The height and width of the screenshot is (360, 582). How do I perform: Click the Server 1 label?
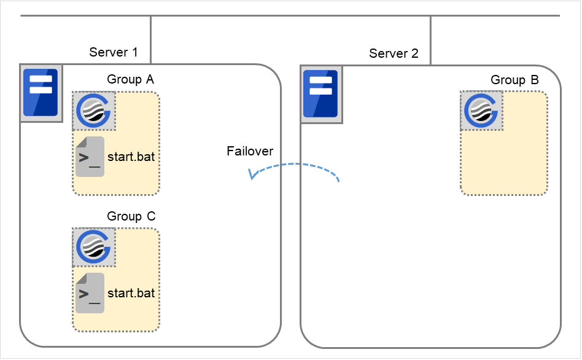point(114,52)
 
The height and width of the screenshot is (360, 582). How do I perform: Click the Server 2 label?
point(394,53)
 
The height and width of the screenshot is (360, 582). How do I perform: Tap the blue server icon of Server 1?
point(41,93)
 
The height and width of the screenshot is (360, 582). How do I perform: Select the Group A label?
point(131,79)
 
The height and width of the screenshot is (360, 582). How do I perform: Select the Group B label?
point(514,80)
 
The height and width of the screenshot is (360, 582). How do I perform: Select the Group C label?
point(131,216)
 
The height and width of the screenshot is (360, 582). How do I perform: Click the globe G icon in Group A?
point(95,111)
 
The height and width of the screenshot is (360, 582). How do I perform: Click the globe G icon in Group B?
point(482,111)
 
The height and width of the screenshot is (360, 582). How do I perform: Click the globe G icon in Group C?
point(95,248)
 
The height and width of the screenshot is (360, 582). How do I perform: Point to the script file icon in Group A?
point(90,157)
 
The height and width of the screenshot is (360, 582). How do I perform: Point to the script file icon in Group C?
point(90,293)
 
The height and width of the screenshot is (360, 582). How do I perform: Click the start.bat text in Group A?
point(131,157)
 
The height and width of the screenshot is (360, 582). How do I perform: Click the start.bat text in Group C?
point(131,293)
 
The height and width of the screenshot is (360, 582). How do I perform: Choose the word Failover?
point(250,151)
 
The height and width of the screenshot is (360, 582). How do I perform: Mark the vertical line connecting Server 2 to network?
point(430,39)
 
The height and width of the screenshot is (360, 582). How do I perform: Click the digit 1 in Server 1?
point(134,52)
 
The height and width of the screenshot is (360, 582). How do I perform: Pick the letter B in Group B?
point(534,80)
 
